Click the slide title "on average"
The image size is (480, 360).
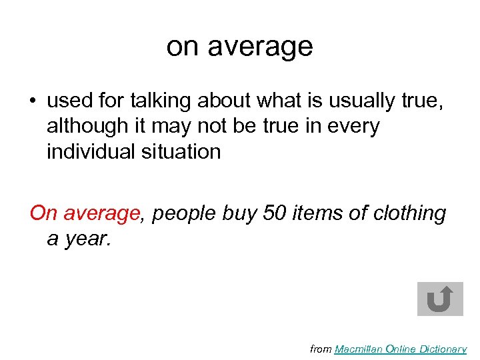click(x=239, y=47)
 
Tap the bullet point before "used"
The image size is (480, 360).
click(x=33, y=102)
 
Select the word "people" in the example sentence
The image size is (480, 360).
click(x=184, y=214)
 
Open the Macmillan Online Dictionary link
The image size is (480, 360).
click(x=400, y=349)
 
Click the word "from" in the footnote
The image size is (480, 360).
click(x=321, y=349)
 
